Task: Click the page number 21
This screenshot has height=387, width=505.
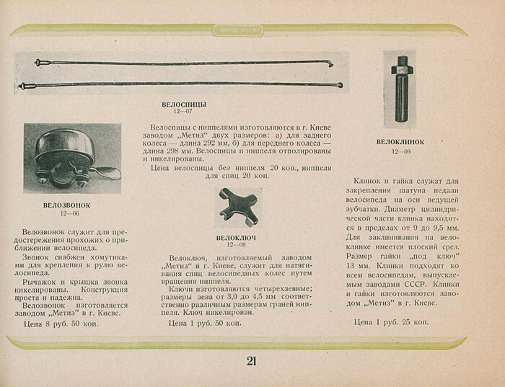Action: tap(251, 361)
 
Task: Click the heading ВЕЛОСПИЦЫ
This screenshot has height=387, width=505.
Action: tap(185, 104)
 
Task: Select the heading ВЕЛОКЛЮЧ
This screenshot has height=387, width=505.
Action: tap(237, 238)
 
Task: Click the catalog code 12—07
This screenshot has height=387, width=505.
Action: tap(183, 112)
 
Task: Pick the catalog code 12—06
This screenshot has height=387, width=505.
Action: tap(70, 214)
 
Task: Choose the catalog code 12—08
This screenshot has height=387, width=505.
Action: tap(236, 246)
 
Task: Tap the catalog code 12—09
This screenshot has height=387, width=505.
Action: tap(400, 151)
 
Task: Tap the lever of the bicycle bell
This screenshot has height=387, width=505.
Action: tap(108, 172)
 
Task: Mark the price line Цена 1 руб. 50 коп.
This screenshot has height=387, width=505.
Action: tap(205, 324)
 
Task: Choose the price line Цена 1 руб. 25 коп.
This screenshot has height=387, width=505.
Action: tap(391, 321)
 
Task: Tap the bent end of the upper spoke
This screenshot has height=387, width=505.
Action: tap(330, 63)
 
